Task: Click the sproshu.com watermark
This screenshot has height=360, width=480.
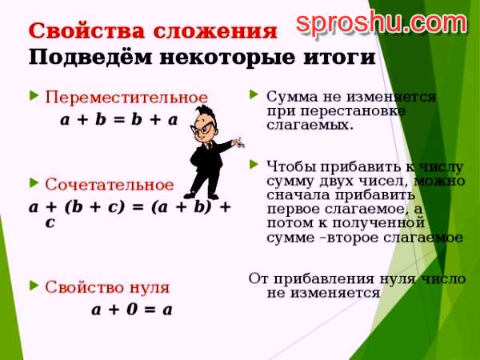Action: (x=382, y=22)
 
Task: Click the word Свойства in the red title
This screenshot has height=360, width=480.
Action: (x=86, y=31)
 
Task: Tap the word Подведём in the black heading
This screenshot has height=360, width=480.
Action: (x=90, y=57)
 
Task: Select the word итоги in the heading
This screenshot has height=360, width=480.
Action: (x=339, y=58)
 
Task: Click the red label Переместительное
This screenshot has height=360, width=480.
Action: (x=126, y=98)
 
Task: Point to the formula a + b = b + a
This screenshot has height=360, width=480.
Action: (x=119, y=120)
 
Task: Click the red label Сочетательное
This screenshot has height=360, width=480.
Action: (x=110, y=185)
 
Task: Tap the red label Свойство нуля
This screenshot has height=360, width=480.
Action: (x=107, y=287)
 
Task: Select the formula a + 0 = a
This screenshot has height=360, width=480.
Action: (x=132, y=310)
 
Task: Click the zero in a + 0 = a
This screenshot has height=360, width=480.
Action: (x=132, y=310)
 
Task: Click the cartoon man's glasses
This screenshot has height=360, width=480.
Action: (x=202, y=128)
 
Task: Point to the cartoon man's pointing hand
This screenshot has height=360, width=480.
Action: (x=238, y=142)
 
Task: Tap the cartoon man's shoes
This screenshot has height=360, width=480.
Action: (x=201, y=195)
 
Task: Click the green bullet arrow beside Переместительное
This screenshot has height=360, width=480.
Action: (x=34, y=95)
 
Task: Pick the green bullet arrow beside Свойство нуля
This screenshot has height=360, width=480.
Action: (x=34, y=286)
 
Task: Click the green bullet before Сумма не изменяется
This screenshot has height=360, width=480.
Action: (x=254, y=94)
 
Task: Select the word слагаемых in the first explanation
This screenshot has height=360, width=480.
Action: (x=310, y=126)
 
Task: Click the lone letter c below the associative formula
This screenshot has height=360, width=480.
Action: (x=50, y=222)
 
